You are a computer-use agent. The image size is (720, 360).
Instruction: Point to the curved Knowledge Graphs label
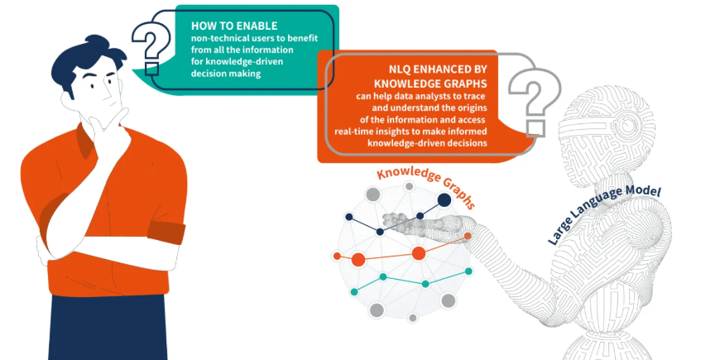[x=425, y=184]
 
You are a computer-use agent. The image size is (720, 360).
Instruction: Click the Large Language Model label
[x=603, y=214]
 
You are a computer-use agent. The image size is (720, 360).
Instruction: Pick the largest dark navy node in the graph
[x=444, y=199]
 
